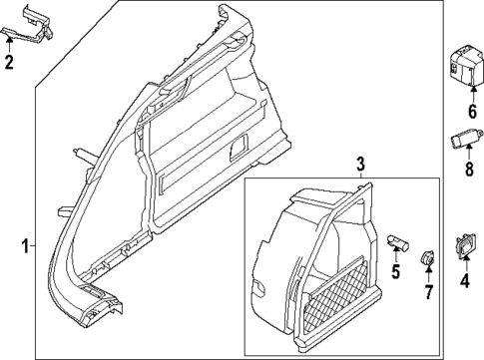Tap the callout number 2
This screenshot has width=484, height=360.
click(9, 66)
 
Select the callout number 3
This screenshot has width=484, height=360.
click(361, 164)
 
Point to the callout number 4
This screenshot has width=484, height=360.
click(463, 280)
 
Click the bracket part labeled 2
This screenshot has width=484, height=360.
click(27, 27)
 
